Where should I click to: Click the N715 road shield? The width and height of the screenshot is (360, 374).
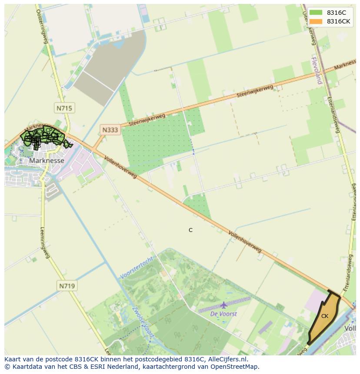[64, 108]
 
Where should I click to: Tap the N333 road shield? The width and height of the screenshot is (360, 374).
[110, 129]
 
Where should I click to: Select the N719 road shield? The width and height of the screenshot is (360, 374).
[67, 286]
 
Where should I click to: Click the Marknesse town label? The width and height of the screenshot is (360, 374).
[47, 161]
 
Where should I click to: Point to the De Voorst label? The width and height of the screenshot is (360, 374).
[223, 314]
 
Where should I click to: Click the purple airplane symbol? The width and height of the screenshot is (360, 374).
[223, 305]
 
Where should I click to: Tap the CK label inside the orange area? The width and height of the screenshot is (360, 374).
[325, 316]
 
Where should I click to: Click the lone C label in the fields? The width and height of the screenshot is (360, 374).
[190, 230]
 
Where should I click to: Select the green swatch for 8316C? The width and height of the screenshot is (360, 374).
[316, 13]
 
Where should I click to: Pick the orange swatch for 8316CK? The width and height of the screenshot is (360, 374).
[316, 22]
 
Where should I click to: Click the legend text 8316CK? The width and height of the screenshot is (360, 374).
[339, 22]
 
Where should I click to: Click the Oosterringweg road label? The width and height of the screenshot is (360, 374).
[41, 26]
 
